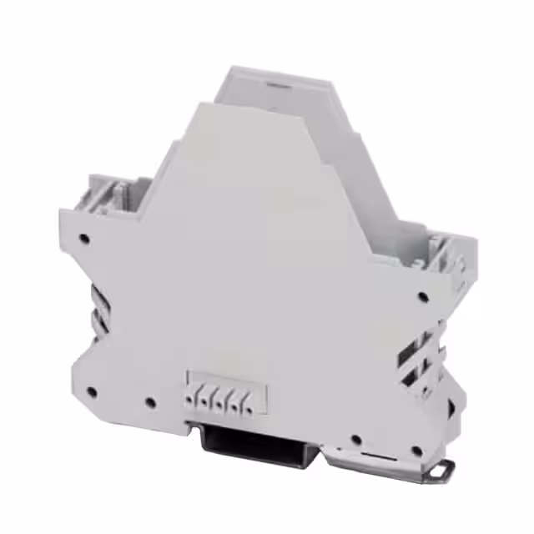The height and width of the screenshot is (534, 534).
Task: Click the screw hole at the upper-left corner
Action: [83, 239]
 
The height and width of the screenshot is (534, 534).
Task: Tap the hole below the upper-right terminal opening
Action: [424, 295]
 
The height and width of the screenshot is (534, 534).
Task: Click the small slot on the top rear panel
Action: [278, 84]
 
